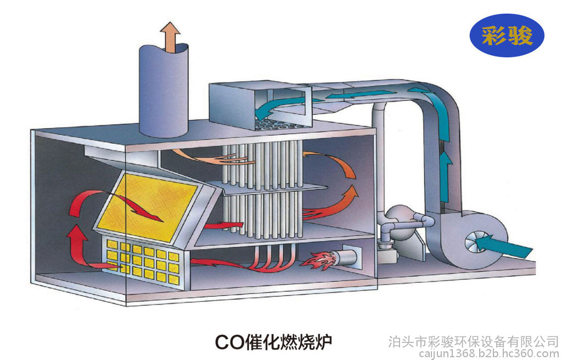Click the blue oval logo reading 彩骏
click(507, 35)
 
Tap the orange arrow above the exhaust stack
click(170, 36)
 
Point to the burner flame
click(318, 260)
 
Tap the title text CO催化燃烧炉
click(273, 341)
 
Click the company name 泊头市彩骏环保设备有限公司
click(474, 341)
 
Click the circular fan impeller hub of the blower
click(474, 243)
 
